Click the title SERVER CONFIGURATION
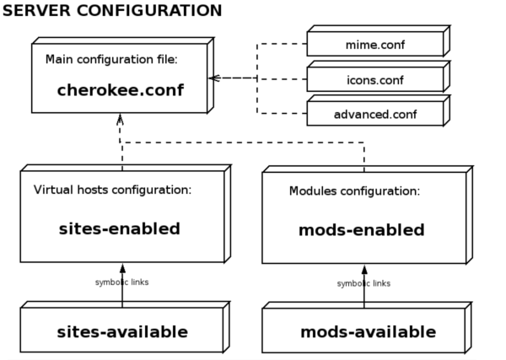pyautogui.click(x=112, y=10)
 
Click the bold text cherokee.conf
pyautogui.click(x=121, y=90)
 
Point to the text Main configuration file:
pyautogui.click(x=111, y=59)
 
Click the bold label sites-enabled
pyautogui.click(x=120, y=228)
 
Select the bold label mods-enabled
pyautogui.click(x=362, y=230)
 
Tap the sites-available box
pyautogui.click(x=125, y=327)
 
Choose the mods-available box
pyautogui.click(x=367, y=327)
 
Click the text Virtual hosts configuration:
pyautogui.click(x=112, y=190)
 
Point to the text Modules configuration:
pyautogui.click(x=355, y=191)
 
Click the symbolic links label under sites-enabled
pyautogui.click(x=122, y=282)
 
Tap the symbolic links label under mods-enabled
pyautogui.click(x=363, y=283)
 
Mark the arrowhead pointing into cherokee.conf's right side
pyautogui.click(x=214, y=78)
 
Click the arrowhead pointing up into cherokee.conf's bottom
pyautogui.click(x=120, y=119)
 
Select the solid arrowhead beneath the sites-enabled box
pyautogui.click(x=122, y=268)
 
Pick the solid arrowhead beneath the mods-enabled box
pyautogui.click(x=364, y=270)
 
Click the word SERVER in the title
pyautogui.click(x=36, y=10)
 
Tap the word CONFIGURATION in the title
pyautogui.click(x=149, y=10)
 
